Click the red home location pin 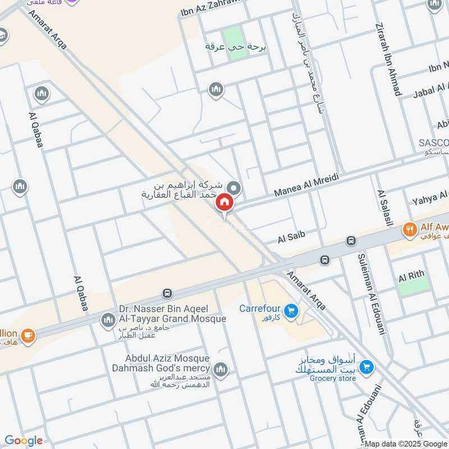point(224,202)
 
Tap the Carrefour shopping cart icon point(291,310)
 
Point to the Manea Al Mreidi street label point(306,185)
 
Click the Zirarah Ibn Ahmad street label point(389,59)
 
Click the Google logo point(24,441)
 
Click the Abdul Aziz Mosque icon point(221,369)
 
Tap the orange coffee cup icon point(28,335)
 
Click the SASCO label point(433,143)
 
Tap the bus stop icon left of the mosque point(167,293)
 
